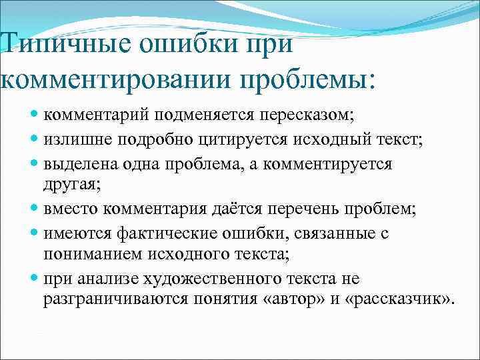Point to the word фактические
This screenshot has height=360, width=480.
(x=167, y=234)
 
